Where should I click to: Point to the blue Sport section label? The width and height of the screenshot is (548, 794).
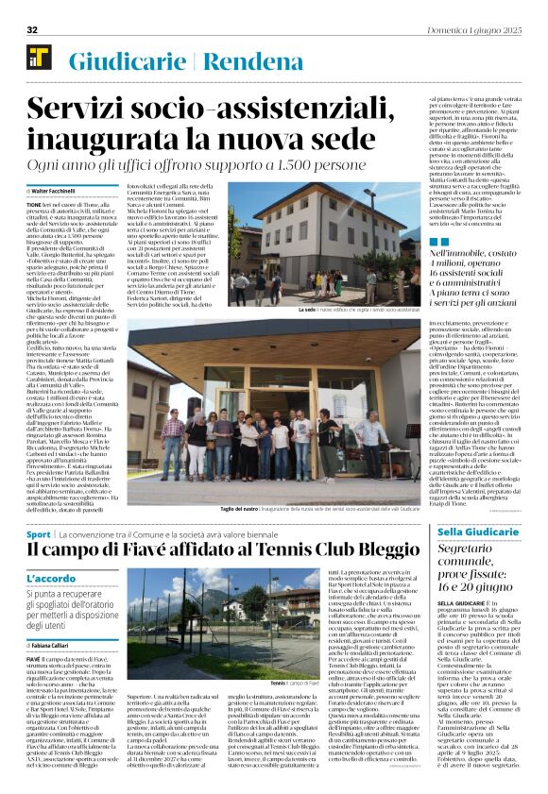[x=38, y=535]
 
